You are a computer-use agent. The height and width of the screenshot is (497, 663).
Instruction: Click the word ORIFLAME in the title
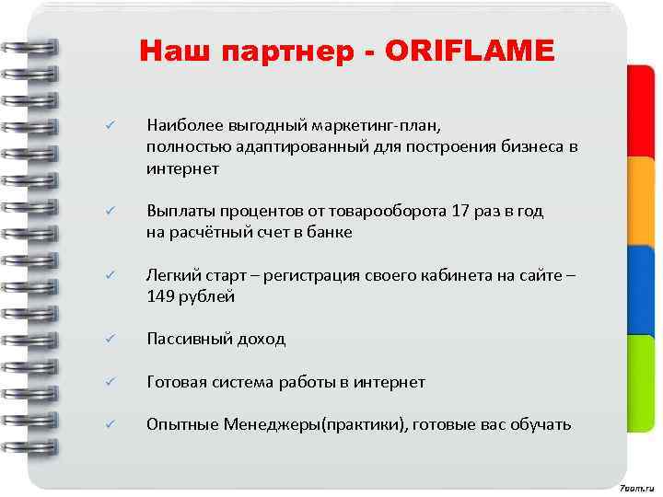click(472, 52)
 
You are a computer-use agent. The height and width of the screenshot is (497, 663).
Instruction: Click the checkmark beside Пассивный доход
click(109, 339)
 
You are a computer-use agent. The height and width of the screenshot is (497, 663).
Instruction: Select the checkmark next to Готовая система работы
click(109, 381)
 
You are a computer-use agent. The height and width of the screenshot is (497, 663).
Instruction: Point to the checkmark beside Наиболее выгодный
click(109, 123)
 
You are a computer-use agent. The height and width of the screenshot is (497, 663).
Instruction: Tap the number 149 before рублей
click(160, 296)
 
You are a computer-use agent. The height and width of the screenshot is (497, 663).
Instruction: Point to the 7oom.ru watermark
click(636, 484)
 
